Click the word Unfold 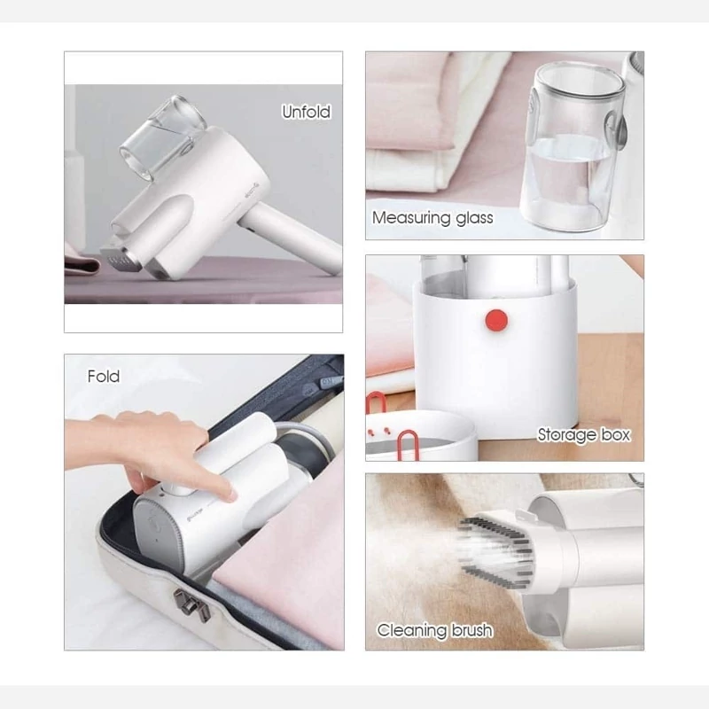tap(306, 112)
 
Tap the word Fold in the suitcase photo tap(104, 376)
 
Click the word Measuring tap(411, 218)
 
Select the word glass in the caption tap(474, 218)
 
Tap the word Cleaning tap(409, 630)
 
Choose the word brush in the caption tap(471, 630)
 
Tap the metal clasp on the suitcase tap(191, 605)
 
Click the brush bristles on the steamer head tap(495, 552)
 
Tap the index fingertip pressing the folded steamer tap(230, 495)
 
